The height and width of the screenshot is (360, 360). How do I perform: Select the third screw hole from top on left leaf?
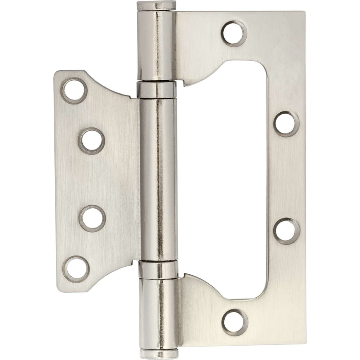click(x=92, y=218)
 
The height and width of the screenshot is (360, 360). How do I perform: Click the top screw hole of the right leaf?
click(x=234, y=33)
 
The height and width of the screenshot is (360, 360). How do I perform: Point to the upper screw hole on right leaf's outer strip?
click(x=287, y=124)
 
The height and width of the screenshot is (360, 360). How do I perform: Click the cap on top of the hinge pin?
click(x=156, y=6)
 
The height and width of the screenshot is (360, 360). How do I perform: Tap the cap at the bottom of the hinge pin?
click(x=158, y=355)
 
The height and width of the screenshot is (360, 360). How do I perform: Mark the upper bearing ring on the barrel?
click(x=157, y=90)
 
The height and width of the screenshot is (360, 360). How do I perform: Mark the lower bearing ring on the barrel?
click(x=158, y=270)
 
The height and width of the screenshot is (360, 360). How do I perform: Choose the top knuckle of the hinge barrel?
click(x=156, y=45)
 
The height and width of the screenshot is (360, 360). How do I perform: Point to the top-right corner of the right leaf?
click(x=304, y=12)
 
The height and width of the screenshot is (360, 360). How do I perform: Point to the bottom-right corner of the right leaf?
click(x=306, y=345)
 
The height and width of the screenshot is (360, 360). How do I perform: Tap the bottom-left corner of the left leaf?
click(x=58, y=290)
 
